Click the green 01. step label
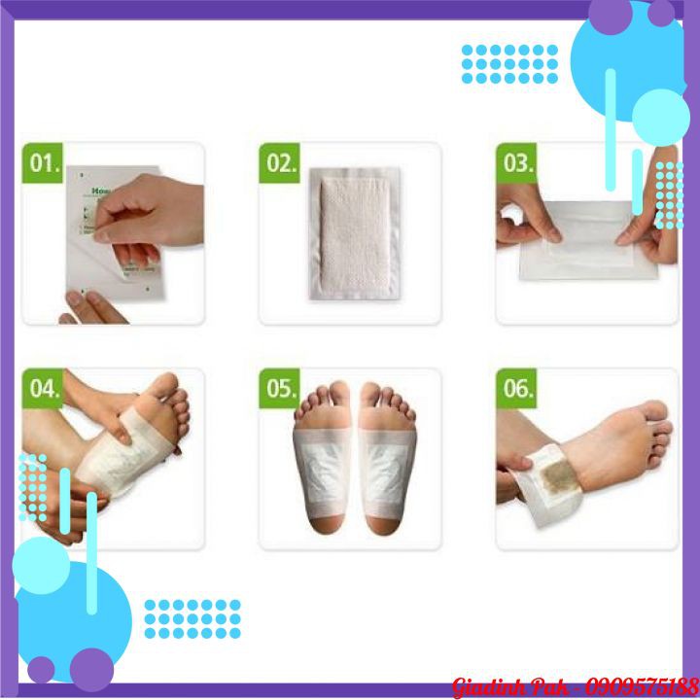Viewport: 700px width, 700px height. click(x=44, y=162)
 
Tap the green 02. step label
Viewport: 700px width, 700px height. click(x=281, y=162)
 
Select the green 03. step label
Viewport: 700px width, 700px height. click(x=517, y=162)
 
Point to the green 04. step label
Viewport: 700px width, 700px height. click(x=44, y=389)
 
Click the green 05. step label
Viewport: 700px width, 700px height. click(x=281, y=389)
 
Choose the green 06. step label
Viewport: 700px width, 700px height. click(x=517, y=389)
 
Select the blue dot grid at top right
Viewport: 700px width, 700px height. click(x=509, y=63)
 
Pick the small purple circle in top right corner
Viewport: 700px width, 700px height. click(x=661, y=13)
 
